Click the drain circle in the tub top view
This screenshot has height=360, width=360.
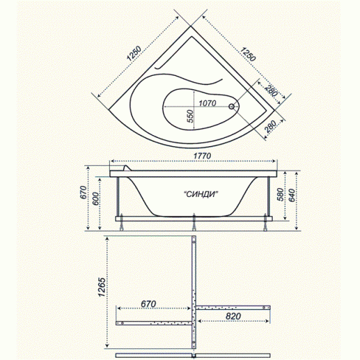[x=231, y=107]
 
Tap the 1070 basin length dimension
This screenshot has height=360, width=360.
[x=208, y=103]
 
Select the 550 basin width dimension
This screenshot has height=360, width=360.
[x=190, y=116]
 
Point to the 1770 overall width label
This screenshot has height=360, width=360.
[x=203, y=156]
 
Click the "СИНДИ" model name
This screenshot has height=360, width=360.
[x=201, y=194]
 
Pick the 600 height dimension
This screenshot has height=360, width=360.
[x=95, y=198]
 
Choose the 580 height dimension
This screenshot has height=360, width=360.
[x=280, y=194]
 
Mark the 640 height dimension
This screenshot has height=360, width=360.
[x=292, y=195]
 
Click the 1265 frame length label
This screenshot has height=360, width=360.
[x=102, y=287]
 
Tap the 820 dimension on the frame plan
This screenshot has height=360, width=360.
[x=233, y=316]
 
